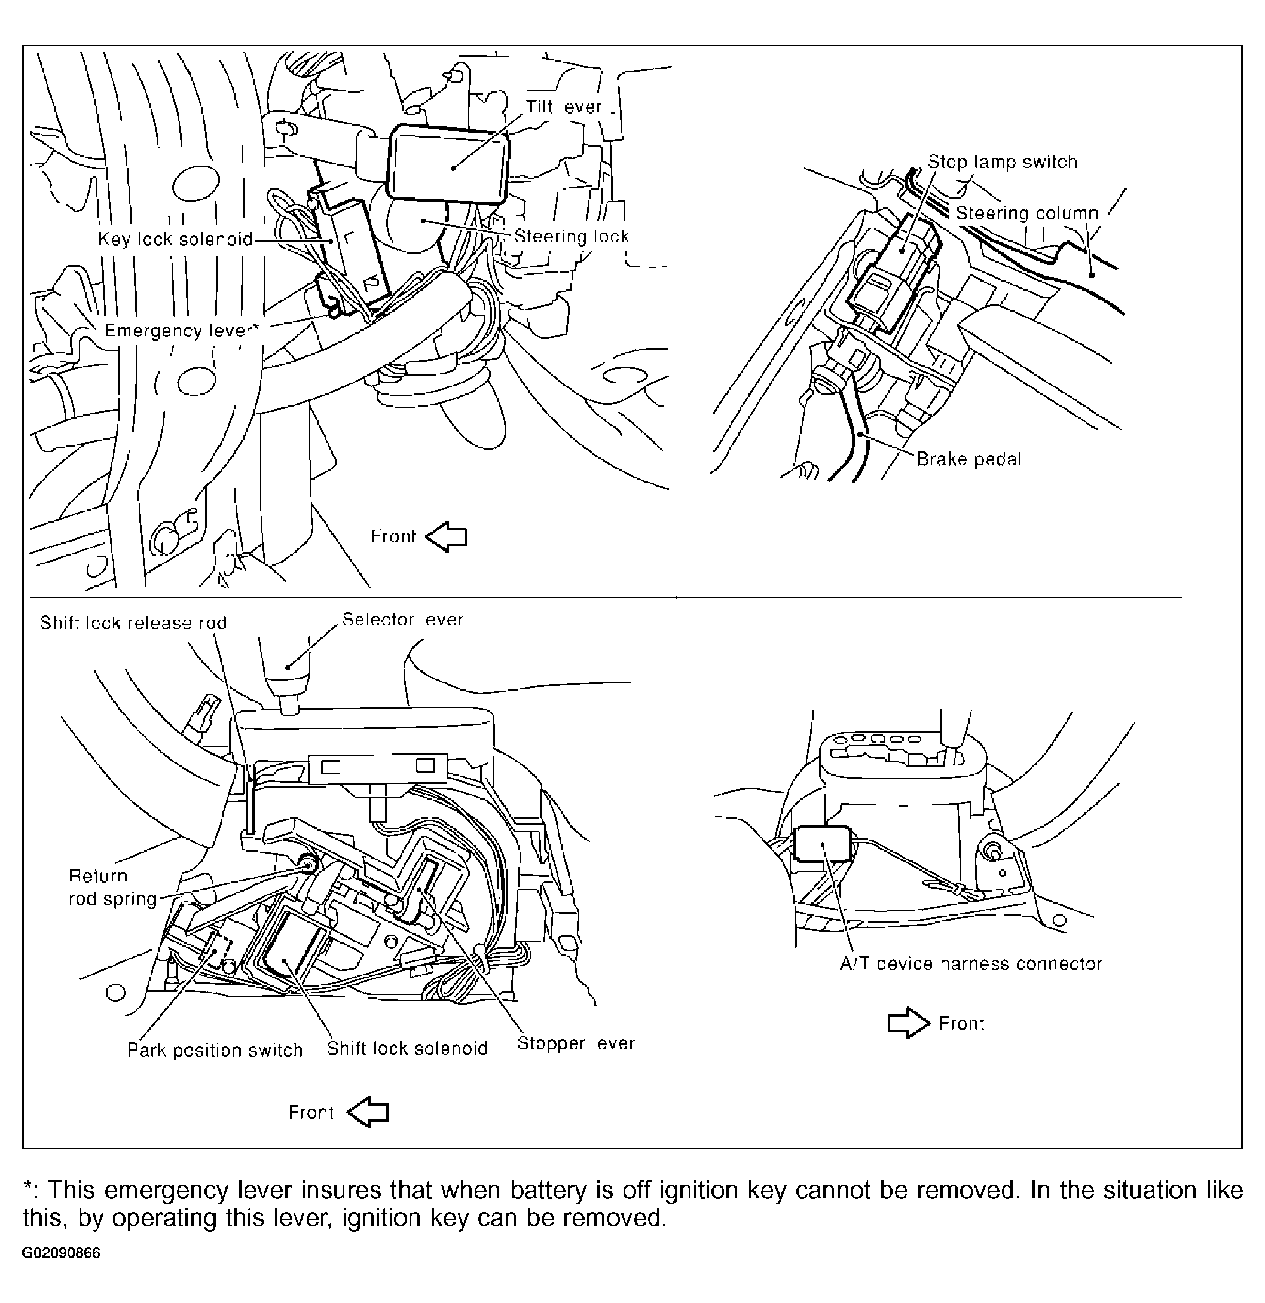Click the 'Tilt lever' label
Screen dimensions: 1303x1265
click(563, 107)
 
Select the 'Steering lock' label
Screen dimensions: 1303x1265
click(571, 237)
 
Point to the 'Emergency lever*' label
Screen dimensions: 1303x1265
click(181, 331)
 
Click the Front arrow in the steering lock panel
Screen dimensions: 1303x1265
click(447, 536)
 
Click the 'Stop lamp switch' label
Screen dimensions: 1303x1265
click(1002, 162)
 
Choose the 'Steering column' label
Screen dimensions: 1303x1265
click(1026, 213)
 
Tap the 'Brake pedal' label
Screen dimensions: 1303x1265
click(968, 459)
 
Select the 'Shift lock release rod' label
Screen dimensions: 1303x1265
click(133, 623)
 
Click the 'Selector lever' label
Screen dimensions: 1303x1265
click(402, 620)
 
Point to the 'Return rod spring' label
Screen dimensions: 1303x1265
click(112, 887)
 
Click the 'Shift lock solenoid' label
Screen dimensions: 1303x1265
click(407, 1048)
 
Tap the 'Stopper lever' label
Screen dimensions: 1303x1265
click(576, 1043)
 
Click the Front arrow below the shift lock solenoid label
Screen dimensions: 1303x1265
click(368, 1112)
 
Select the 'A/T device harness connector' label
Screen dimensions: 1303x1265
click(970, 964)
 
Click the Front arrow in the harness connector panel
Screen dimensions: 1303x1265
click(909, 1023)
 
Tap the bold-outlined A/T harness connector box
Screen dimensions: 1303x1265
click(822, 844)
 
